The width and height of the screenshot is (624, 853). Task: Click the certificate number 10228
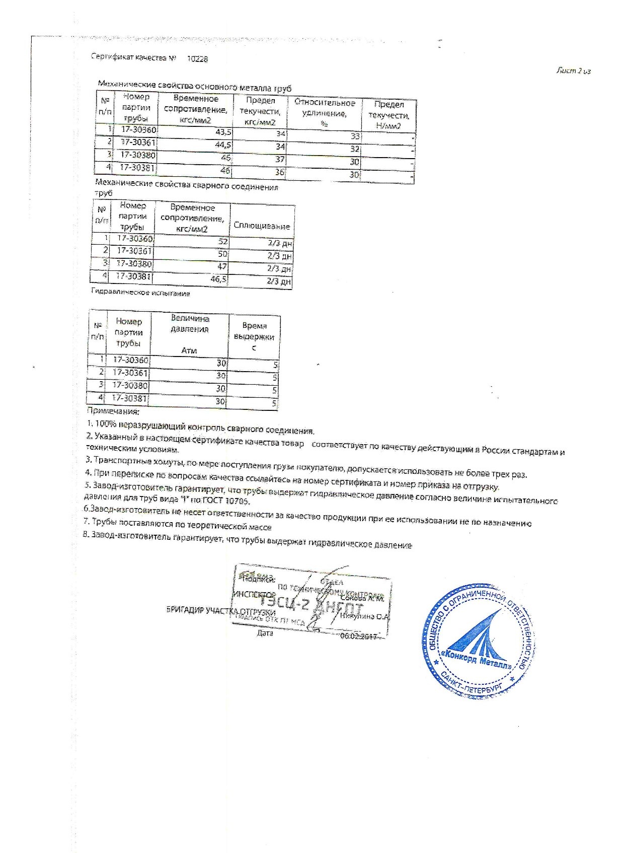pos(197,59)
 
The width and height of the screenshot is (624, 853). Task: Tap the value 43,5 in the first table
pos(223,132)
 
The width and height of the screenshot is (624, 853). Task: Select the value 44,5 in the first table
pos(223,145)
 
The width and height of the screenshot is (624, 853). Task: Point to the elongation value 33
pos(355,136)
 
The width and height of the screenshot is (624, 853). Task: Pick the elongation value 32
pos(355,149)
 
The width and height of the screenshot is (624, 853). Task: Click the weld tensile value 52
pos(222,241)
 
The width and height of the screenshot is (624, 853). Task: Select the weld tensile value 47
pos(222,266)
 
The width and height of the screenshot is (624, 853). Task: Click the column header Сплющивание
pos(262,227)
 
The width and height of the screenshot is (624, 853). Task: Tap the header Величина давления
pos(189,324)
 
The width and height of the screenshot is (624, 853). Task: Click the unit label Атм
pos(189,350)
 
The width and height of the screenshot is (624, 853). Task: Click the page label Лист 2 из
pos(573,71)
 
